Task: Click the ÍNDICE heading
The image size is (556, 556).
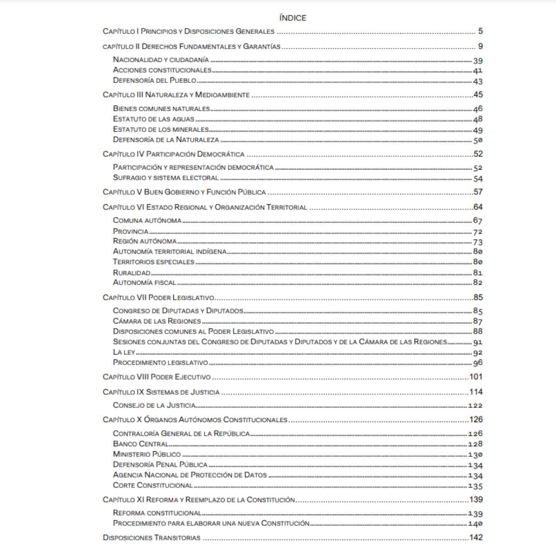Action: point(293,18)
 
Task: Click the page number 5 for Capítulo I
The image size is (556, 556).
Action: point(480,32)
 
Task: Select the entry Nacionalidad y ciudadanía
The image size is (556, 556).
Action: point(161,60)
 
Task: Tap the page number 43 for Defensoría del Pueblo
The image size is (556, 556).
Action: point(478,82)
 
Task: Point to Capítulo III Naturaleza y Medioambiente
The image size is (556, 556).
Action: point(176,95)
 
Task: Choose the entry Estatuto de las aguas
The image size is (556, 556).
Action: point(153,119)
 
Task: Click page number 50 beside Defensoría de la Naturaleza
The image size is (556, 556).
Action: point(478,140)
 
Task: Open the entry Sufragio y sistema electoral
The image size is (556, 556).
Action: point(165,177)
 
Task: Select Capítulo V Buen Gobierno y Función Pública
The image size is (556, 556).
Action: point(184,192)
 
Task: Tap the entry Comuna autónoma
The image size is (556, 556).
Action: point(147,221)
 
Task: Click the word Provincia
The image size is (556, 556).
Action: point(131,231)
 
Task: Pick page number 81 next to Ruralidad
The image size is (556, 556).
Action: point(478,273)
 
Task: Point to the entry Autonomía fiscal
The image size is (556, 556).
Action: point(144,282)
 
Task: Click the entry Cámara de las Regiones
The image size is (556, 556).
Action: point(157,321)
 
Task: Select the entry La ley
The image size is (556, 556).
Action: point(124,352)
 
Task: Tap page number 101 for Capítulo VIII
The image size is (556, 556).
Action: point(476,377)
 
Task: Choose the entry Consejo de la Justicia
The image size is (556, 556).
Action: point(154,405)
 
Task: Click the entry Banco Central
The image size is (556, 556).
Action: point(140,444)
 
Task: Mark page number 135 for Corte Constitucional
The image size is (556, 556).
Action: point(475,486)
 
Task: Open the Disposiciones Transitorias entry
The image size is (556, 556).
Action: point(152,538)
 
